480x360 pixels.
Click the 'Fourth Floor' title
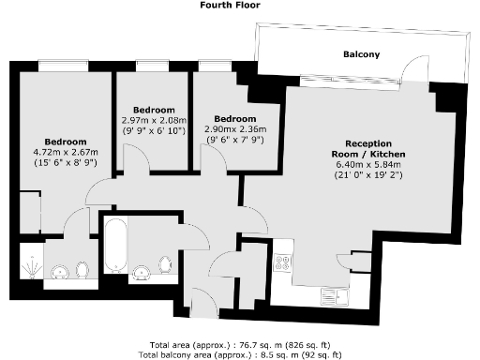coord(230,6)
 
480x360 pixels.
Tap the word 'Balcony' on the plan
coord(361,55)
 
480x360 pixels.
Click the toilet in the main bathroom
coord(165,265)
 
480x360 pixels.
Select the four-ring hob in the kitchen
coord(282,263)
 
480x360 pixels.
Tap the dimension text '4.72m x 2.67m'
coord(59,151)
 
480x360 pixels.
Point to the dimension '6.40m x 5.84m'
coord(367,166)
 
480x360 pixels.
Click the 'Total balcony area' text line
coord(239,354)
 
